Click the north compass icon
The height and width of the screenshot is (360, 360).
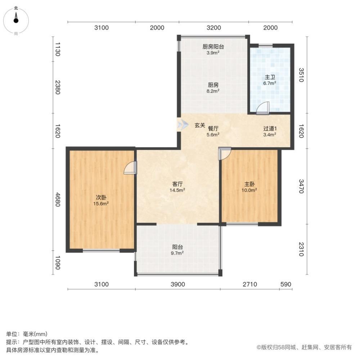[16, 20]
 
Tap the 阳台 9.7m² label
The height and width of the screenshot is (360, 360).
[177, 250]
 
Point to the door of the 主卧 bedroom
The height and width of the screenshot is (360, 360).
[225, 154]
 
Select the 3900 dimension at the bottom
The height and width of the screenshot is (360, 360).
[177, 284]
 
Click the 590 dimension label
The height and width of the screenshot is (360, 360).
[285, 284]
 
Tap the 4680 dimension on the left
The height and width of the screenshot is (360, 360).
[58, 198]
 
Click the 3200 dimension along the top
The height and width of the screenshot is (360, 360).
[214, 28]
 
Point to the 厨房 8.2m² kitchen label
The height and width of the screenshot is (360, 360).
[213, 88]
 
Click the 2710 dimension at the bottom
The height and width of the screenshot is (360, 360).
[249, 284]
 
